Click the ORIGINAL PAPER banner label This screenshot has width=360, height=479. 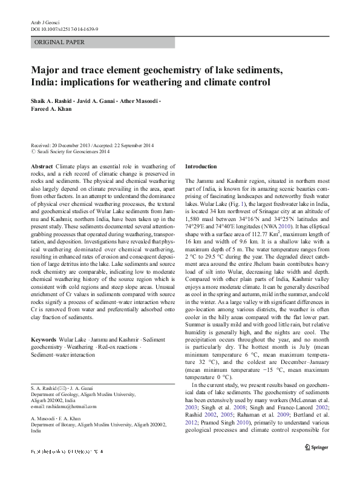(x=59, y=42)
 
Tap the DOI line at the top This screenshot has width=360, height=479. (x=64, y=28)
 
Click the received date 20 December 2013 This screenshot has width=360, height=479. (x=67, y=146)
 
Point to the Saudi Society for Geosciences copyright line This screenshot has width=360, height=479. (x=70, y=152)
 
